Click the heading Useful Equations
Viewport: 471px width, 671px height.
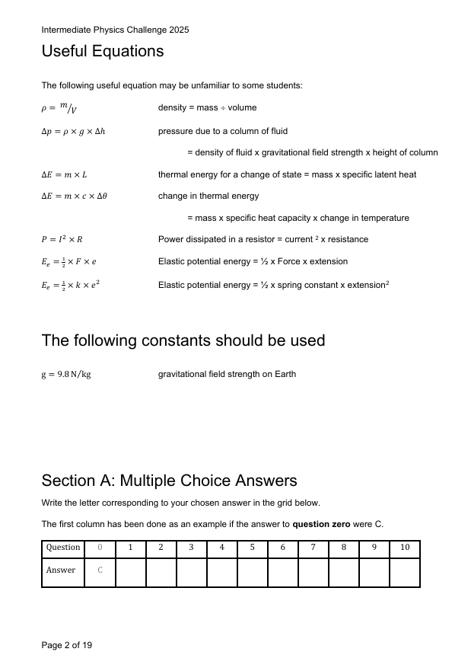pyautogui.click(x=102, y=52)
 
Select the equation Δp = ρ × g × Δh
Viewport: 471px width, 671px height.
pyautogui.click(x=73, y=131)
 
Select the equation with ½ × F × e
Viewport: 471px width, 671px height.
pyautogui.click(x=68, y=262)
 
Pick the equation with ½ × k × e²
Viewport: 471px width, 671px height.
pyautogui.click(x=71, y=284)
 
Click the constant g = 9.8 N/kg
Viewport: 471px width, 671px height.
pyautogui.click(x=66, y=375)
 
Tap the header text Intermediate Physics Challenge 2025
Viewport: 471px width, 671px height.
pyautogui.click(x=115, y=30)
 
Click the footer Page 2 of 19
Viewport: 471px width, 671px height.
pyautogui.click(x=67, y=645)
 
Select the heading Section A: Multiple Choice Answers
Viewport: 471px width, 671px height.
pyautogui.click(x=169, y=481)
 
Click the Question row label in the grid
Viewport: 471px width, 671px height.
pyautogui.click(x=63, y=548)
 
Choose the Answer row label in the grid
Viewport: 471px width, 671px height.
pyautogui.click(x=61, y=570)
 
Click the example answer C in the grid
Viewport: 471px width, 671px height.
pyautogui.click(x=100, y=570)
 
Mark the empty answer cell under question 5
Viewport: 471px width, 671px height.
pyautogui.click(x=252, y=572)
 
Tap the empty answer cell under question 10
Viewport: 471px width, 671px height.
pyautogui.click(x=404, y=572)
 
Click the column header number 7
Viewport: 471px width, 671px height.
pyautogui.click(x=313, y=548)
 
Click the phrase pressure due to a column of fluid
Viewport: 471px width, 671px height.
pyautogui.click(x=222, y=131)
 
